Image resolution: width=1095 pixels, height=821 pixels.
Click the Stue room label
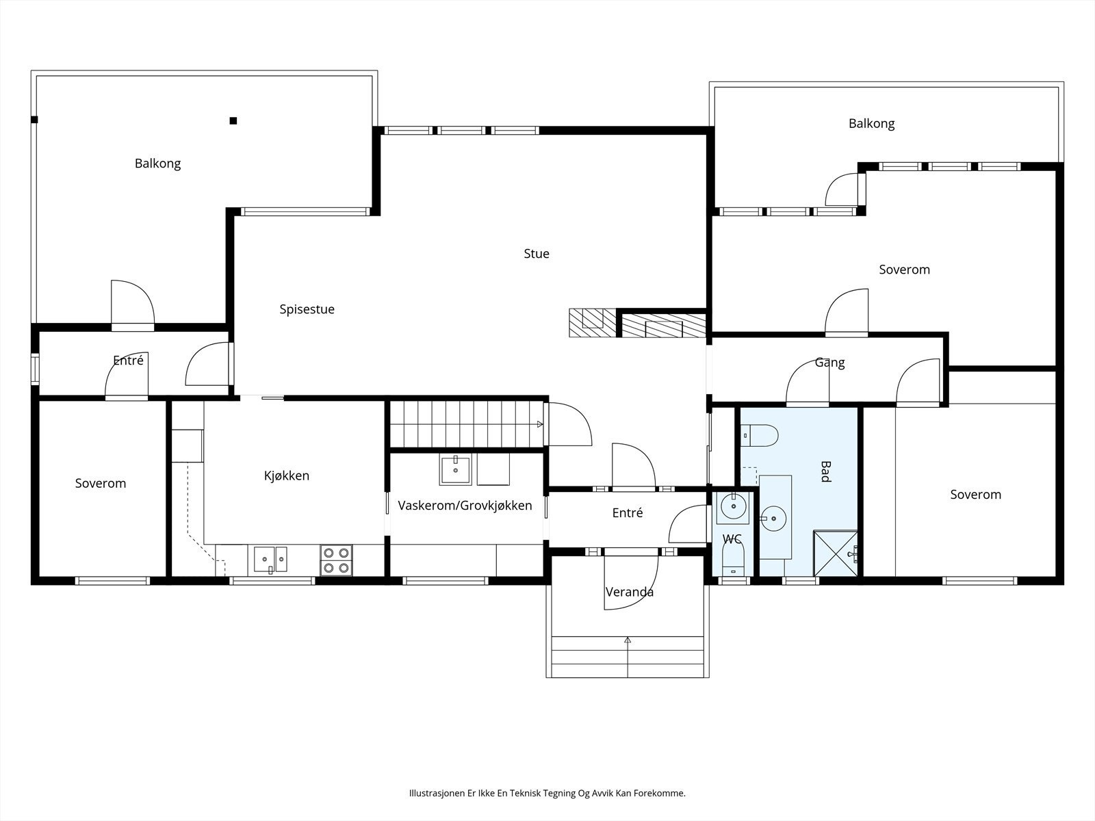click(x=537, y=254)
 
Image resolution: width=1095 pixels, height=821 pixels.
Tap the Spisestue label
click(x=307, y=309)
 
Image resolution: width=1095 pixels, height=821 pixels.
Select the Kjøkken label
click(x=286, y=475)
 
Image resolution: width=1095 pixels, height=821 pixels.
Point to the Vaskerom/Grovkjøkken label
click(x=465, y=506)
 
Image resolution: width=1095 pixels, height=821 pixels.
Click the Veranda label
click(x=629, y=592)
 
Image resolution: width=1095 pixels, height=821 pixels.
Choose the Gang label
click(x=829, y=363)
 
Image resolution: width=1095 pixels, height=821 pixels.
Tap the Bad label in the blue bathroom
click(x=825, y=471)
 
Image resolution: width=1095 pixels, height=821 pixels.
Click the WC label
click(x=732, y=539)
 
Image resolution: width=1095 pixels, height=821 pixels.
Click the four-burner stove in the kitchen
click(x=336, y=560)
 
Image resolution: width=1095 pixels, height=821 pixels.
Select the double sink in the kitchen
click(x=270, y=559)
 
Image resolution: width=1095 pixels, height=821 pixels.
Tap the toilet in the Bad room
click(x=759, y=436)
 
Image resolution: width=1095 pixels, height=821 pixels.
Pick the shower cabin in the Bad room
click(x=836, y=553)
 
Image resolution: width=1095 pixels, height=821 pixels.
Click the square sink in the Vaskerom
click(x=455, y=469)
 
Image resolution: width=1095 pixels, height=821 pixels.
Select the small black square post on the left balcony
click(x=233, y=120)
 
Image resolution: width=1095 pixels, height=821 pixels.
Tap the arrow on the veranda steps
click(x=628, y=657)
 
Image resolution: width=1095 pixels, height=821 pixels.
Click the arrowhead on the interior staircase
click(x=540, y=425)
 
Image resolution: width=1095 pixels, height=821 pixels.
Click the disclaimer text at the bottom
click(x=547, y=793)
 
